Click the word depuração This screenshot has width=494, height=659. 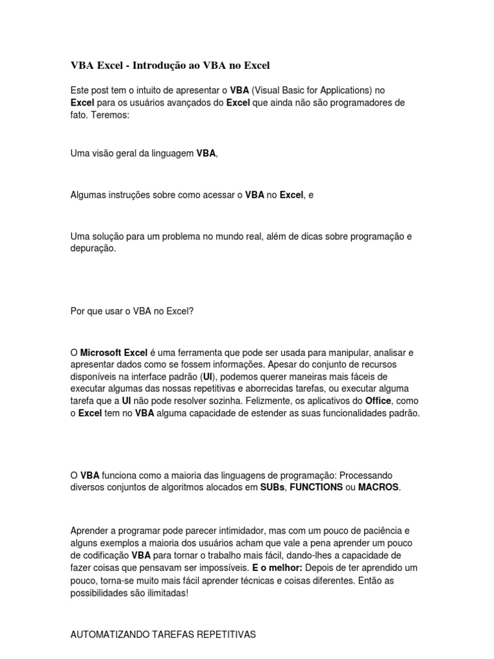coord(93,248)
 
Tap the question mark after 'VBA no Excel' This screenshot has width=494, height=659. coord(191,311)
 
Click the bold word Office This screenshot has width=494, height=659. coord(378,400)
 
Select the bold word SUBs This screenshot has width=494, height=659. coord(273,487)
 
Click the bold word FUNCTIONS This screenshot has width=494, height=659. coord(316,487)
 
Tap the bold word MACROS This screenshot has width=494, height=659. coord(379,487)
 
